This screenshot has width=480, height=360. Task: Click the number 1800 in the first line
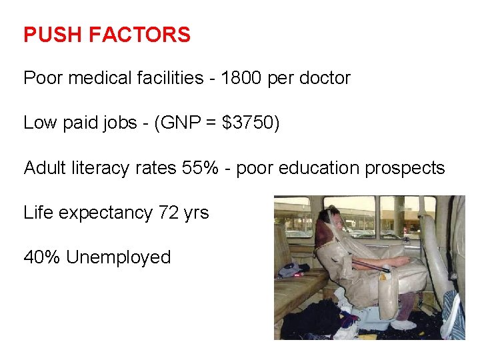[x=241, y=78]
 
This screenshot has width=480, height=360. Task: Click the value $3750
[x=251, y=123]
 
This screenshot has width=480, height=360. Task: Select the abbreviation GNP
[x=181, y=123]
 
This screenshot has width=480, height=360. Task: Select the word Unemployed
[x=119, y=257]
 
